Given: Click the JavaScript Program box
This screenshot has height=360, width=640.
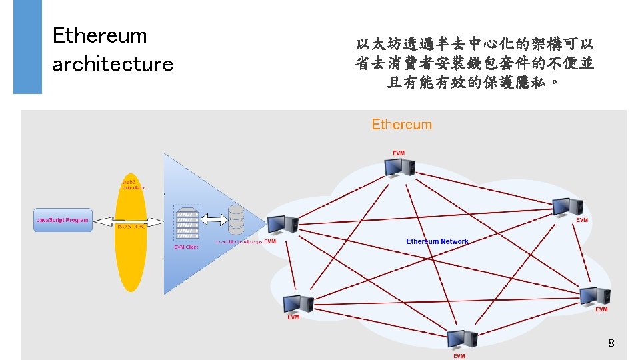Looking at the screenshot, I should coord(63,221).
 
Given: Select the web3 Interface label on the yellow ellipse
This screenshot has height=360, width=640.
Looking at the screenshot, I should coord(133,185).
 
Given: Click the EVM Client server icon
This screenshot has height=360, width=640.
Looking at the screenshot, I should coord(186,223).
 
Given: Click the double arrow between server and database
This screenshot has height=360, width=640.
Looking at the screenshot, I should coord(211,219).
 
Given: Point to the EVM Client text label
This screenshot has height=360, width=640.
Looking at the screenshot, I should coord(186,247).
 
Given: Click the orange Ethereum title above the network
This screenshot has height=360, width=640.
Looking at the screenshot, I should coord(401,125).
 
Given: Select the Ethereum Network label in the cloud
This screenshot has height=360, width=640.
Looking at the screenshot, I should coord(437,241).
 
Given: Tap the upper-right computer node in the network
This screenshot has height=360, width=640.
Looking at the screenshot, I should coord(569,207).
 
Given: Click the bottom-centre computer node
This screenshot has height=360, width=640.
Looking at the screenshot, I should coord(462,340).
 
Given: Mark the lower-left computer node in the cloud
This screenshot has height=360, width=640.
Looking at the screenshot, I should coord(297,303).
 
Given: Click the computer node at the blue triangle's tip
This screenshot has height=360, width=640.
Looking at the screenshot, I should coord(282,225).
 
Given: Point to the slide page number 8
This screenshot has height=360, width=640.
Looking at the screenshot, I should coord(611,343).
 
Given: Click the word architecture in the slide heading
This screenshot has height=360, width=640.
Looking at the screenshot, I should coord(113,65).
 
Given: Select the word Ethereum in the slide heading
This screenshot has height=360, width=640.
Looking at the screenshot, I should coord(99,35).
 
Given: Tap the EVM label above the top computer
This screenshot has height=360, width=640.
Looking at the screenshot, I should coord(399,153).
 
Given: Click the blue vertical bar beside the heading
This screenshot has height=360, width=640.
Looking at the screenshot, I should coord(27,47).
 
